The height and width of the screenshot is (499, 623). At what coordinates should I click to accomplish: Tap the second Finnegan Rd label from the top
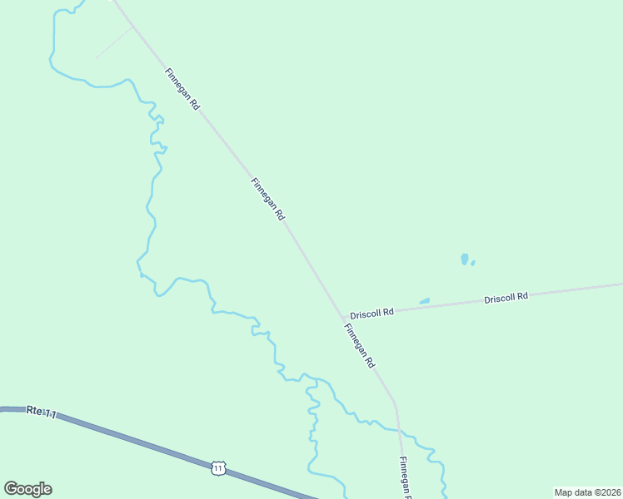click(x=268, y=198)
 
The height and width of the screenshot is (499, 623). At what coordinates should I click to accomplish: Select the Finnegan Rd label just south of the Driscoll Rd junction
click(x=360, y=346)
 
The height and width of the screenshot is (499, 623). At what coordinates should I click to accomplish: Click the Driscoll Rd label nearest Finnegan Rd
click(x=371, y=314)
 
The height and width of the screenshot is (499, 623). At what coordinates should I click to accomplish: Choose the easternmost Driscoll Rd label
click(x=506, y=297)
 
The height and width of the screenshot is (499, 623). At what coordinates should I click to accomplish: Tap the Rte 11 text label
click(x=41, y=412)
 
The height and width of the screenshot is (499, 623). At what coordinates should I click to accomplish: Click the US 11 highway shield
click(x=217, y=469)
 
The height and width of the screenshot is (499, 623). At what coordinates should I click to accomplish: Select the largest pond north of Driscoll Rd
click(x=464, y=259)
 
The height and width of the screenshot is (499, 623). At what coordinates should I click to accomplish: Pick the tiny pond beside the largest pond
click(x=473, y=263)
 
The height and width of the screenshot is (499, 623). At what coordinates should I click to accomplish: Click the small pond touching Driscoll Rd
click(x=425, y=301)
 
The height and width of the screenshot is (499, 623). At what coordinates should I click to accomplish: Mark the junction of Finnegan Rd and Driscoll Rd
click(x=342, y=318)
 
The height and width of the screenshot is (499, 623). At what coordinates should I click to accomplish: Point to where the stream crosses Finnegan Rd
click(x=399, y=430)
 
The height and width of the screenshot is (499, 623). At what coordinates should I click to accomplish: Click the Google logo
click(x=27, y=489)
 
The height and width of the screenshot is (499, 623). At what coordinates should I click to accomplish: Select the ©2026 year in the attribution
click(x=607, y=492)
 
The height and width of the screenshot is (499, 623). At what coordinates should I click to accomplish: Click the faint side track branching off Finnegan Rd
click(x=113, y=42)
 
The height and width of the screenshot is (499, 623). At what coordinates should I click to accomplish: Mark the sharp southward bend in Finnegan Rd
click(x=396, y=405)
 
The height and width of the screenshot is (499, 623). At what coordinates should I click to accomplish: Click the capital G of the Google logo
click(x=11, y=489)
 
